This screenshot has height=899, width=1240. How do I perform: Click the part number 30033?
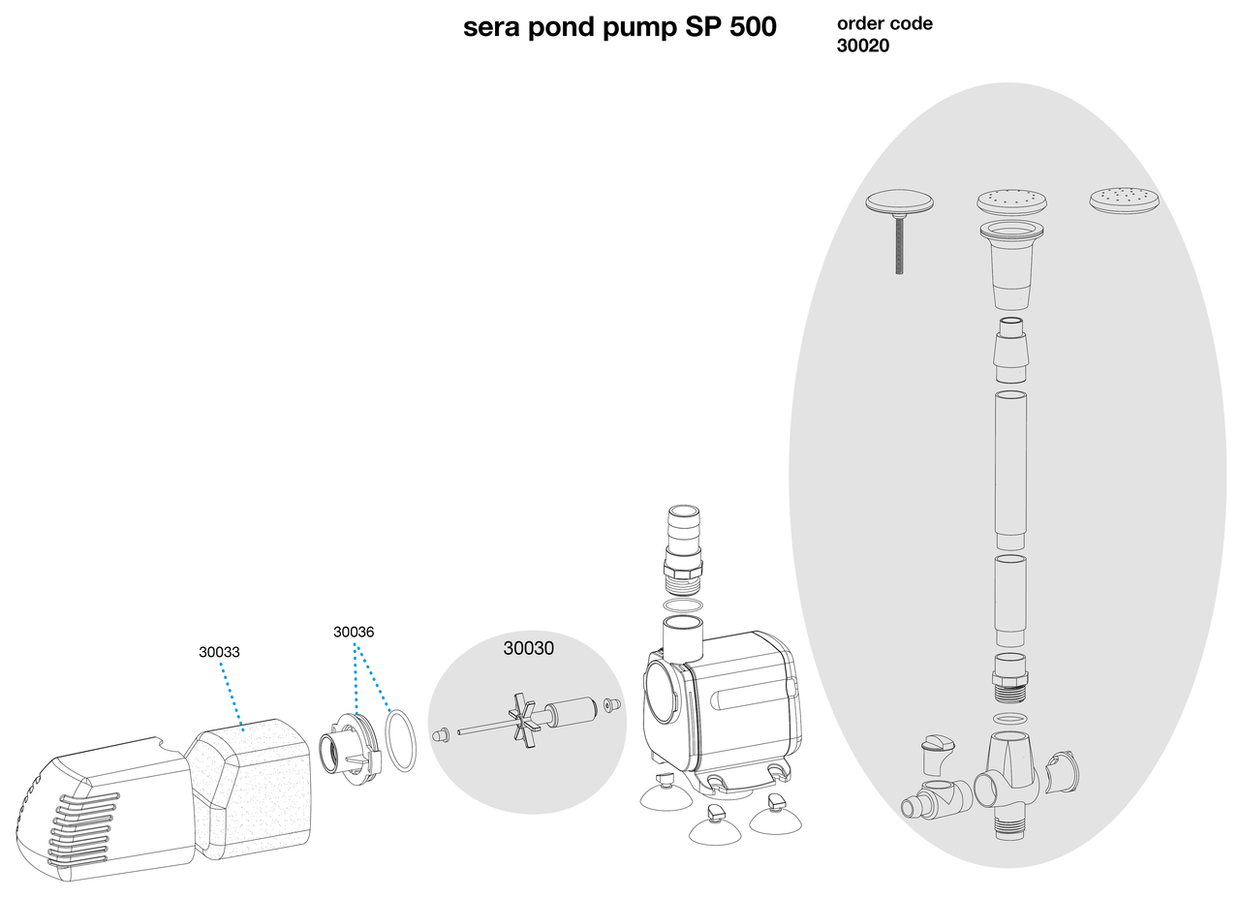pyautogui.click(x=219, y=653)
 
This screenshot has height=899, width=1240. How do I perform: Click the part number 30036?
pyautogui.click(x=354, y=633)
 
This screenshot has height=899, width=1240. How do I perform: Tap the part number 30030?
pyautogui.click(x=528, y=649)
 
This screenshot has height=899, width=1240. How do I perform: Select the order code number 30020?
pyautogui.click(x=863, y=46)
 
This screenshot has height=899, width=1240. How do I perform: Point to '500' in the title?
pyautogui.click(x=748, y=27)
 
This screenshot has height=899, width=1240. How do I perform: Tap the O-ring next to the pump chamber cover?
pyautogui.click(x=401, y=740)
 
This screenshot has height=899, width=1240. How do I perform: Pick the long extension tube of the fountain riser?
pyautogui.click(x=1010, y=469)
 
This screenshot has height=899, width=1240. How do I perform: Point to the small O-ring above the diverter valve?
pyautogui.click(x=1010, y=718)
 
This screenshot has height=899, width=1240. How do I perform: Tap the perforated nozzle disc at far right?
pyautogui.click(x=1124, y=201)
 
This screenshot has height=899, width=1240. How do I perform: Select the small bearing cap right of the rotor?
pyautogui.click(x=610, y=705)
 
